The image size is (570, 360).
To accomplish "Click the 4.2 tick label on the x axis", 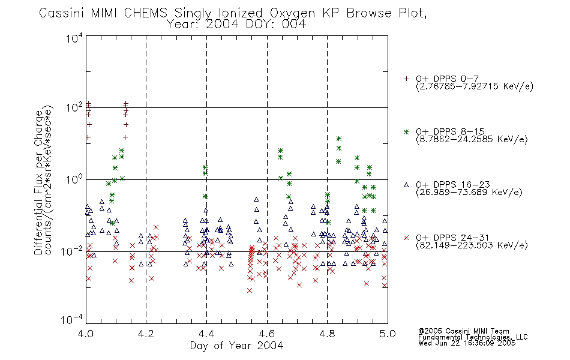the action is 146,334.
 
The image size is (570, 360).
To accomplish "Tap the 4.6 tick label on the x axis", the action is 267,334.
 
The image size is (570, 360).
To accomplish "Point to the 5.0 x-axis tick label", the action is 388,334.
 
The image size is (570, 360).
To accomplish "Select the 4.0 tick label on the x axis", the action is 86,334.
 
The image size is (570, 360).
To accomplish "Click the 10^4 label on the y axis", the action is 74,38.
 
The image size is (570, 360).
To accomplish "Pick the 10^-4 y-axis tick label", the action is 72,319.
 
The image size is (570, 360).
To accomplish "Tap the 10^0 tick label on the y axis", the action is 74,180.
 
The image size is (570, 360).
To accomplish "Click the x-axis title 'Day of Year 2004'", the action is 236,346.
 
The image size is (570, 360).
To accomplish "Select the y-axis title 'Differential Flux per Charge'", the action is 38,182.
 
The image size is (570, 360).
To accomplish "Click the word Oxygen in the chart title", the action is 292,13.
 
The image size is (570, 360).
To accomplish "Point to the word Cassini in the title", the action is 61,13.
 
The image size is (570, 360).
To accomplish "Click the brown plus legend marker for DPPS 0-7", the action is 406,79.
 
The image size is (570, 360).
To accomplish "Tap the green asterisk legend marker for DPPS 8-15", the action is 406,131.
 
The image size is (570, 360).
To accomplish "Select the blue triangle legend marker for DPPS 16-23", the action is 406,185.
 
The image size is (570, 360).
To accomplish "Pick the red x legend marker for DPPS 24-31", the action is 406,238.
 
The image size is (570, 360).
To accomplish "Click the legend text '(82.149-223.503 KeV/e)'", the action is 472,245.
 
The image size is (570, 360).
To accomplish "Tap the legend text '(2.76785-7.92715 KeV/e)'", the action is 475,86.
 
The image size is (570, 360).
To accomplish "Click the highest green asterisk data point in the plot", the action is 339,139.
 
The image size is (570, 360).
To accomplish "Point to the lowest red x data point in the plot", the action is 250,290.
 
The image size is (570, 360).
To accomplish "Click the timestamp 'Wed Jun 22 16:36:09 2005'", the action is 467,343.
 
